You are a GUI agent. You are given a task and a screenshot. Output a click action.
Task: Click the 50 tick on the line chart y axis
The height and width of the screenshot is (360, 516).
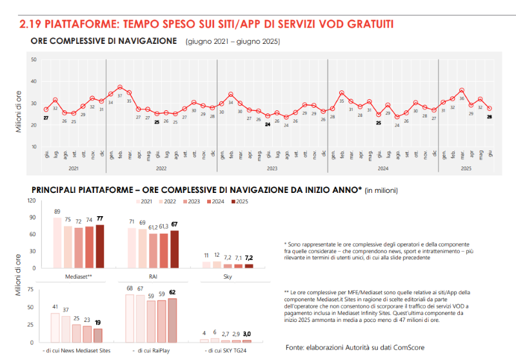34,60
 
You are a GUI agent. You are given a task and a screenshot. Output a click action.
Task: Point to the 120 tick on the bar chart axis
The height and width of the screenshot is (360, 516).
32,201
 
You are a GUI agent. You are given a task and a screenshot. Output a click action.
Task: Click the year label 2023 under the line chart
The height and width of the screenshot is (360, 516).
272,168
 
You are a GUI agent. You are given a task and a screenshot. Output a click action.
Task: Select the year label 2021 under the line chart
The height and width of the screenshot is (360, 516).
74,168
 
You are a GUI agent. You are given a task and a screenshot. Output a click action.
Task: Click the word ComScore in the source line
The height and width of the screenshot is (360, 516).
406,347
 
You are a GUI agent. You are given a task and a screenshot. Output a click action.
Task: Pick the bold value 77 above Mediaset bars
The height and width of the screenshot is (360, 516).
100,219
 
